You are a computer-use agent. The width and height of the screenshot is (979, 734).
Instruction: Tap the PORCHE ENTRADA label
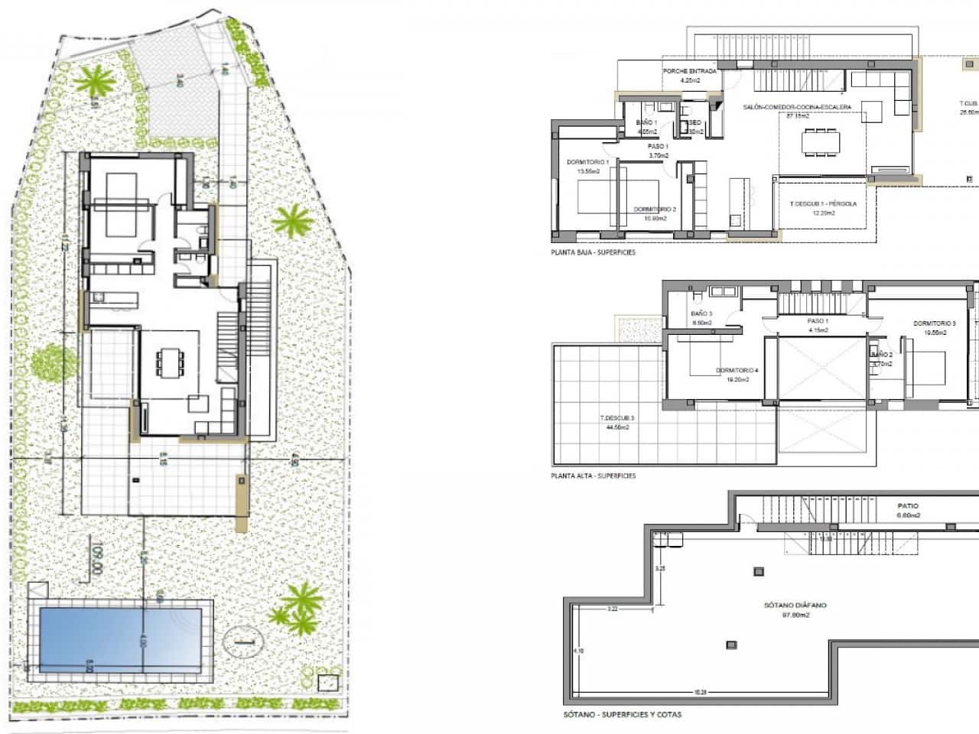pyautogui.click(x=690, y=71)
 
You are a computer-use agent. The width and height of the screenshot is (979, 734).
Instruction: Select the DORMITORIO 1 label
pyautogui.click(x=587, y=162)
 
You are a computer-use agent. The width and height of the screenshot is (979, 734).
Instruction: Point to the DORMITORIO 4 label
pyautogui.click(x=737, y=371)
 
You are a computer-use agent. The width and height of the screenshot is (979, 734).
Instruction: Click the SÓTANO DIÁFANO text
pyautogui.click(x=795, y=605)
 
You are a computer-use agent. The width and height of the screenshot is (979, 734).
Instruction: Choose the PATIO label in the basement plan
pyautogui.click(x=908, y=506)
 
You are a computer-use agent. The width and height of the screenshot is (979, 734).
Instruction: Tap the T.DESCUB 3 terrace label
pyautogui.click(x=616, y=418)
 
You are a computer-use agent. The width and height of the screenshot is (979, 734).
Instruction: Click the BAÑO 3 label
pyautogui.click(x=701, y=314)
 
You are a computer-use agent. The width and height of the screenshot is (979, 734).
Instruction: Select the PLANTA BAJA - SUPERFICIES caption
pyautogui.click(x=593, y=252)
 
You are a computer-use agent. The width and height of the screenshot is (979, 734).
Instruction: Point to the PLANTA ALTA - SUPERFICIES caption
pyautogui.click(x=593, y=476)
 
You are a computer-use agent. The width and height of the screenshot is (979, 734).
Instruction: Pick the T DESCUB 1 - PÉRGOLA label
pyautogui.click(x=823, y=204)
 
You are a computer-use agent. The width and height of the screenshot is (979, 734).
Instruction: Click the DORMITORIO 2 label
pyautogui.click(x=655, y=209)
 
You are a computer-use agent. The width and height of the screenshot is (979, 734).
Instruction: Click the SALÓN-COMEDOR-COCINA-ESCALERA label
pyautogui.click(x=796, y=108)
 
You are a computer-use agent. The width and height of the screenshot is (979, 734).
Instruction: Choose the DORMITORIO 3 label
pyautogui.click(x=935, y=323)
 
